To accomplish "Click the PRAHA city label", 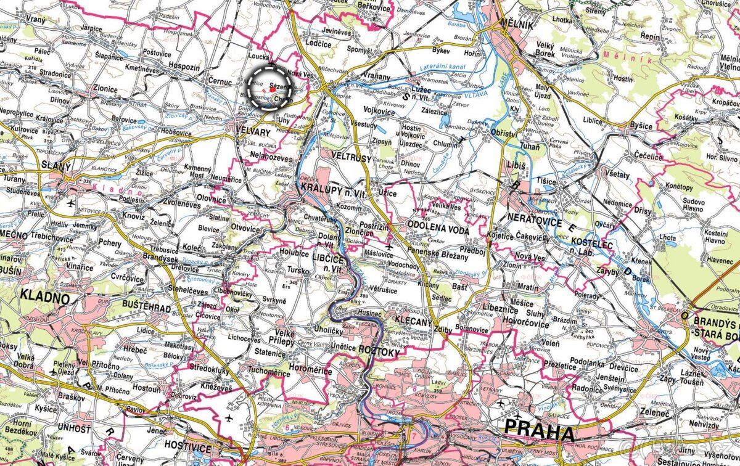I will pos(539,432).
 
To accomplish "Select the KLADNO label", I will pos(44,295).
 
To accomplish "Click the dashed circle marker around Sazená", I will pos(272,88).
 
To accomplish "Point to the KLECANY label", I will pos(410,321).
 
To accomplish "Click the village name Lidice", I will pos(146,331).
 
